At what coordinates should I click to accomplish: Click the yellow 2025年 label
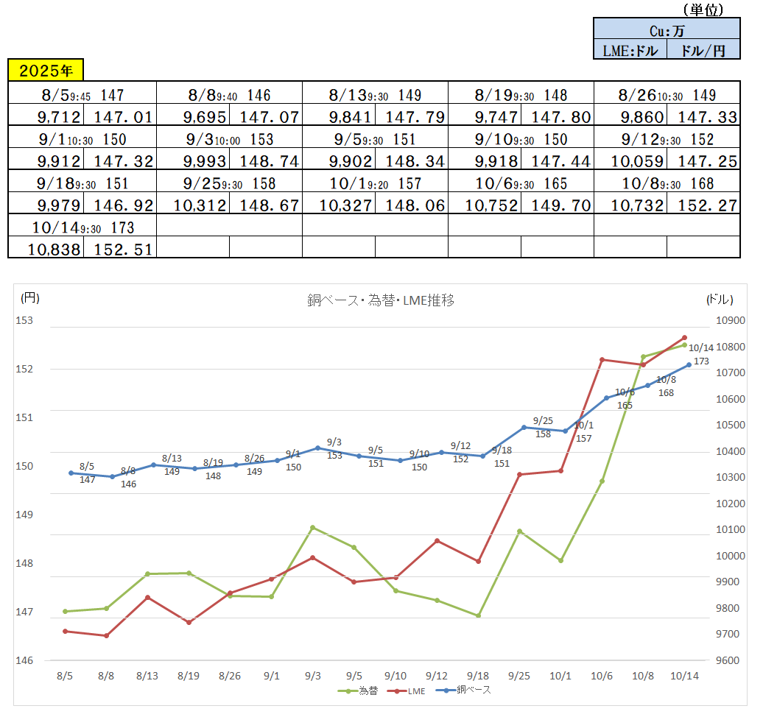46,71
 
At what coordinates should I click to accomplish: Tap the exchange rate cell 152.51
120,249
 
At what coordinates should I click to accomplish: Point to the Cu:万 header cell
667,30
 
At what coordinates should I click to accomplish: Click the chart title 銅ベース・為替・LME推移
380,300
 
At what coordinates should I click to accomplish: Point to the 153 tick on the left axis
24,320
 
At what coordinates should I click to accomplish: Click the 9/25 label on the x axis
519,675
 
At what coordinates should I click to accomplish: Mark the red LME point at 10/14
684,338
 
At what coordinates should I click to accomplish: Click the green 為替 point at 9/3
312,527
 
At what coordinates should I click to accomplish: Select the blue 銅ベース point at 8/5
71,473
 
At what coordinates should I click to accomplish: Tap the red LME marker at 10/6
602,359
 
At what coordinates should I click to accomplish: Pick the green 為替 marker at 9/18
478,615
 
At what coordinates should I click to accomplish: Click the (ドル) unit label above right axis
720,298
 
